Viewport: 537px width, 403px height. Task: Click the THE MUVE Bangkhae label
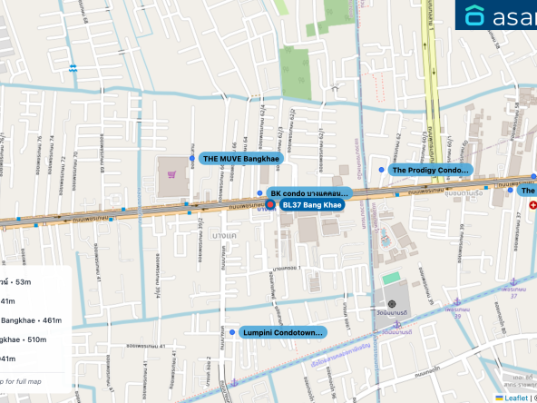[241, 158]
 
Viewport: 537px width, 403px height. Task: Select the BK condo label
[308, 193]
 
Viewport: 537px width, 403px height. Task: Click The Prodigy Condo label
[430, 170]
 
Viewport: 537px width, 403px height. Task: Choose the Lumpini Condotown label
[283, 333]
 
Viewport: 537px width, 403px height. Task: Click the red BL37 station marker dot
[270, 205]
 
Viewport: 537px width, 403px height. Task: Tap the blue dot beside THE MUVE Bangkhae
[192, 158]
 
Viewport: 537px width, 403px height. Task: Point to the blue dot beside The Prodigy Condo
[382, 170]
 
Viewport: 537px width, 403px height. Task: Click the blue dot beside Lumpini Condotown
[234, 333]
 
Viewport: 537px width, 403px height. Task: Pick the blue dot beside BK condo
[260, 193]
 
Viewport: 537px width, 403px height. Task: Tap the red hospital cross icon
[532, 205]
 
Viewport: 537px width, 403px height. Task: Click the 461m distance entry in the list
[31, 319]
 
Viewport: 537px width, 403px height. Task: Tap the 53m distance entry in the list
[18, 281]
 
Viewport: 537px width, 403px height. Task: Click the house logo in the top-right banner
[475, 15]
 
